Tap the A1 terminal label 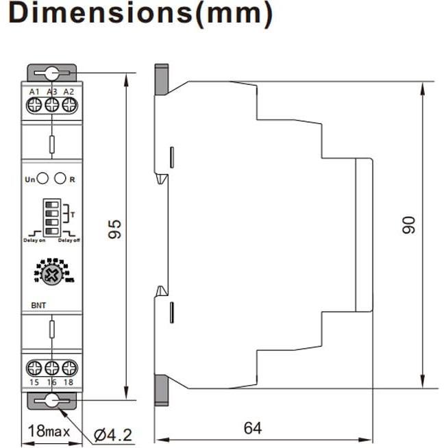(34, 92)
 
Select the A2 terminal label (68, 92)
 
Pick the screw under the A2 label (68, 105)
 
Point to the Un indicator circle (42, 179)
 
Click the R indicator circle (60, 179)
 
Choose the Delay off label (69, 240)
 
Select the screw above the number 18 (68, 366)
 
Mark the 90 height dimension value (409, 225)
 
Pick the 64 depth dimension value (252, 428)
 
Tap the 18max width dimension (49, 432)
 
